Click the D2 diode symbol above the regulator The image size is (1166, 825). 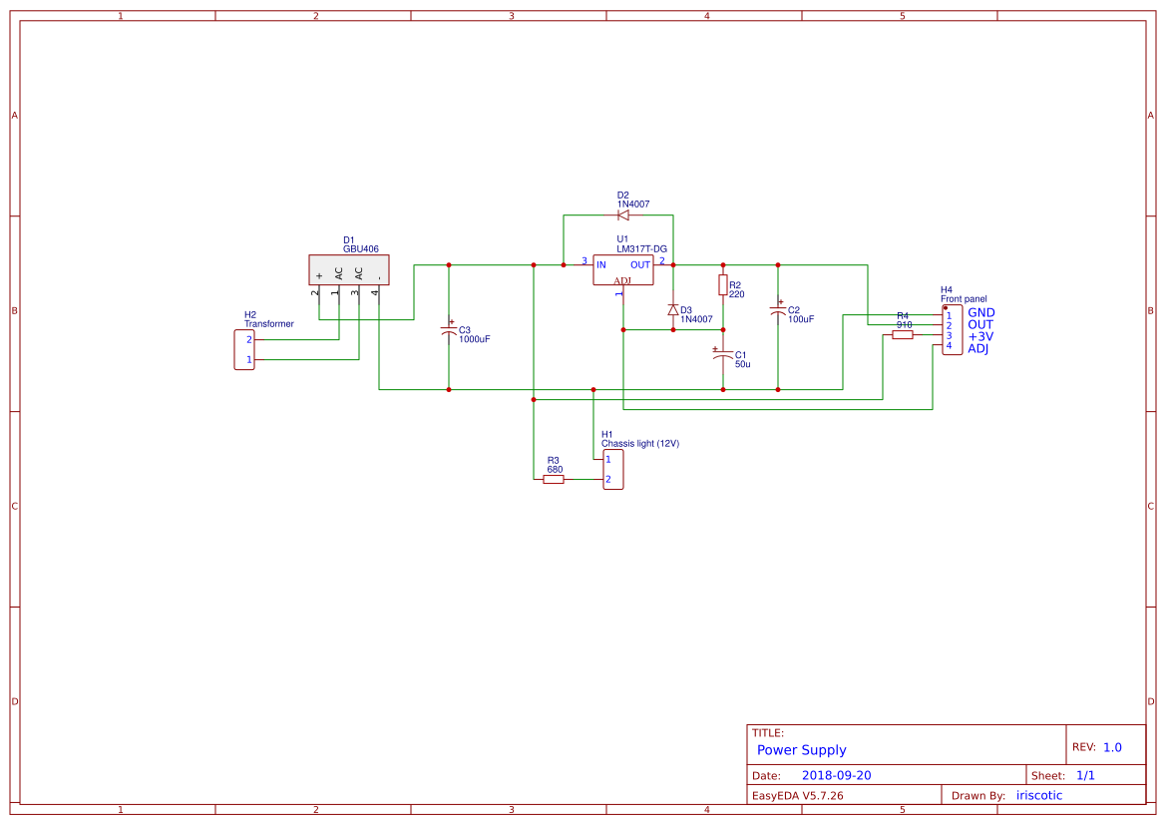click(623, 214)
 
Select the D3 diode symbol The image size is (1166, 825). click(673, 310)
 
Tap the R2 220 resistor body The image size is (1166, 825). click(723, 285)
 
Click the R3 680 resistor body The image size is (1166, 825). click(554, 480)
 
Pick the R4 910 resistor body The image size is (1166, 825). click(903, 335)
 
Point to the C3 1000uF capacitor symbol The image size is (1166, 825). click(449, 330)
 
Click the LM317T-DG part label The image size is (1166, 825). click(641, 248)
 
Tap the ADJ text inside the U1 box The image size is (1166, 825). click(622, 280)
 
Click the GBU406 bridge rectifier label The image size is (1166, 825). click(360, 249)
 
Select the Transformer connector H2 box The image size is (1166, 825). click(244, 349)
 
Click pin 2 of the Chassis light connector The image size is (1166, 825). click(608, 480)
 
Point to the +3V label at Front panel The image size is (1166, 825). click(980, 337)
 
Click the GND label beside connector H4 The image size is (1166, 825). click(981, 313)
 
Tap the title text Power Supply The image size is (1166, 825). click(801, 750)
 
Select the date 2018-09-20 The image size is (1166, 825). click(836, 775)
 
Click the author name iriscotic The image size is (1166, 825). click(1039, 795)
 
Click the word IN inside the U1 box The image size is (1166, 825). click(601, 264)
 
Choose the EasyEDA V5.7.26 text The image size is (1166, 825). click(797, 796)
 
